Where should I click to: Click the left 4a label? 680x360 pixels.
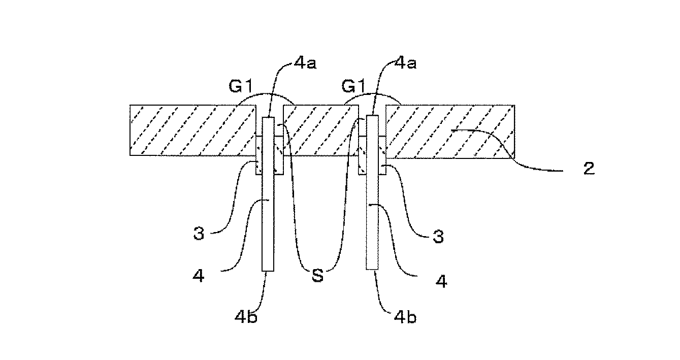point(305,63)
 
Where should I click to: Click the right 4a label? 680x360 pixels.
point(406,63)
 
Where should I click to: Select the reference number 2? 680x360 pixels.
point(589,169)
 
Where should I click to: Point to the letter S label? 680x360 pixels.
point(318,276)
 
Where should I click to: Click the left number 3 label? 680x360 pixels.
point(199,234)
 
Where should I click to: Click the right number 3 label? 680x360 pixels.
point(438,237)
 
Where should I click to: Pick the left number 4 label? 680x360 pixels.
point(199,276)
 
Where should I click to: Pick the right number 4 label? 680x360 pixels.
point(441,281)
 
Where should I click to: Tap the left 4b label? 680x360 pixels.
point(246,317)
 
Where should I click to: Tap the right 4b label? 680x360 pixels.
point(405,317)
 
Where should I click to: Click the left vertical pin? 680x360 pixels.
point(268,194)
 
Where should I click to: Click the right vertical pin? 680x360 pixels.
point(372,192)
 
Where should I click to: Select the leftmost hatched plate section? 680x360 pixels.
point(193,130)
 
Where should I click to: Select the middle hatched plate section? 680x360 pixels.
point(321,130)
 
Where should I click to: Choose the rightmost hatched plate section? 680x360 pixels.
point(450,132)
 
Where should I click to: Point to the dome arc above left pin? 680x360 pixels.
point(266,94)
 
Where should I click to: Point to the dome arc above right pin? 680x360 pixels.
point(372,94)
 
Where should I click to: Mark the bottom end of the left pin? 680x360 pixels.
point(268,271)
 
